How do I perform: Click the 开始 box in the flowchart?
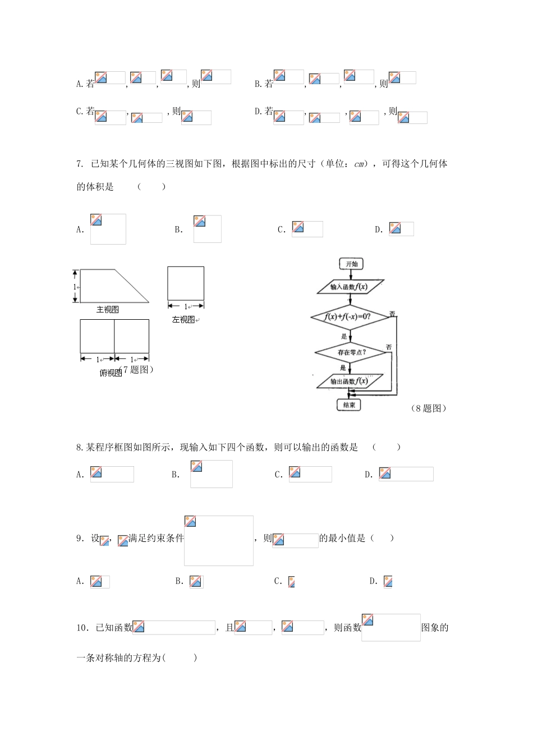[x=351, y=264]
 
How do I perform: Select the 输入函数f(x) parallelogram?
[x=350, y=287]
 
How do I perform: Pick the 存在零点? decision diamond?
[x=351, y=352]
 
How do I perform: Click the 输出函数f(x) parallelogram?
[x=350, y=381]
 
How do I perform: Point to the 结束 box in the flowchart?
[x=349, y=405]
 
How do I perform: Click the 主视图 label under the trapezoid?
[x=108, y=310]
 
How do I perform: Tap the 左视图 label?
[x=183, y=320]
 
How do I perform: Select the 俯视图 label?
[x=110, y=373]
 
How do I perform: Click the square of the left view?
[x=186, y=283]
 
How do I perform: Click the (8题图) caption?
[x=429, y=408]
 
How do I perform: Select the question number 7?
[x=80, y=164]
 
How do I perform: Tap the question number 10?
[x=82, y=628]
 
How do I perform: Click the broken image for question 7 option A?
[x=108, y=229]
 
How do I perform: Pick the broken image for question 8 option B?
[x=211, y=474]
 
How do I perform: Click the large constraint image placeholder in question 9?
[x=219, y=541]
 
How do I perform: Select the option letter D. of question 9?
[x=374, y=581]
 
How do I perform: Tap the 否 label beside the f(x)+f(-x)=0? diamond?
[x=392, y=314]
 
